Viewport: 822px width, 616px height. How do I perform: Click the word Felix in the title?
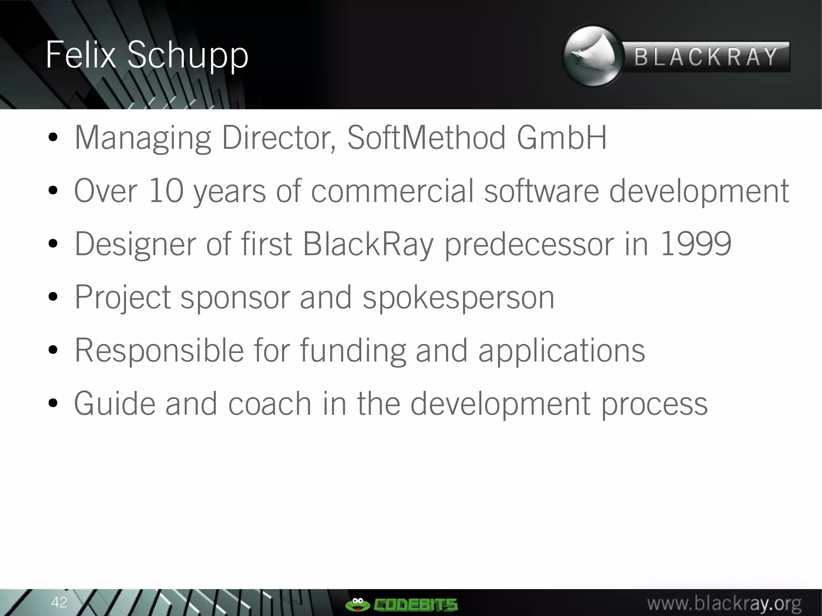pos(80,55)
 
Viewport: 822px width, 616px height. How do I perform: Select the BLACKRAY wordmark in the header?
pos(706,57)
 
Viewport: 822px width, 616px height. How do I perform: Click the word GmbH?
pos(562,138)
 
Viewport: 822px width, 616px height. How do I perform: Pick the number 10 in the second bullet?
pos(166,191)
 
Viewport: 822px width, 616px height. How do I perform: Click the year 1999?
pos(696,244)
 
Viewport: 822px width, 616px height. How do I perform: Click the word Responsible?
pos(159,351)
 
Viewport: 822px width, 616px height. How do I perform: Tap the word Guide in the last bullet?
pos(114,404)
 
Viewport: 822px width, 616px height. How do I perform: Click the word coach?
pos(270,404)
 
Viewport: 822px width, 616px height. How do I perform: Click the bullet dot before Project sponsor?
pos(53,298)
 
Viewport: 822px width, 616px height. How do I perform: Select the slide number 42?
pos(59,602)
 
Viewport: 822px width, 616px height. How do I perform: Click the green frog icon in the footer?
pos(357,604)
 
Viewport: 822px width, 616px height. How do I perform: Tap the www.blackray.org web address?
pos(724,603)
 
